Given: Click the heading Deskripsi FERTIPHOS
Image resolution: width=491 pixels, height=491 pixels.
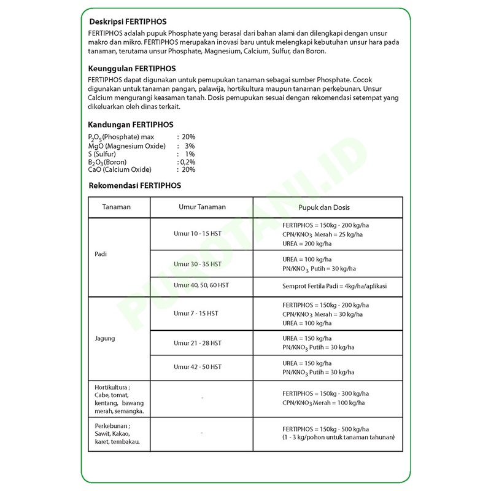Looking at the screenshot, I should (127, 21).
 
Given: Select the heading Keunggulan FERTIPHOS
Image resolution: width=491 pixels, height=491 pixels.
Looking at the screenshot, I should (132, 68).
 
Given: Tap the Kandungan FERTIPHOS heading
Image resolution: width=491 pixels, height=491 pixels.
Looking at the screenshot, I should (131, 124).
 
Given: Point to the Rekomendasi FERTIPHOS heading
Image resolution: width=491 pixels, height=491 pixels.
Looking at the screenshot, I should (135, 185).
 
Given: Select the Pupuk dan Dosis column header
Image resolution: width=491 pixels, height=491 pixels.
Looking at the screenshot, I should (324, 207).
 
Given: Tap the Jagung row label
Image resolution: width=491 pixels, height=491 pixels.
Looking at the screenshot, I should (106, 338).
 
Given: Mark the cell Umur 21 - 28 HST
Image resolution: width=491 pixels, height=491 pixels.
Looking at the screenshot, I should (196, 342).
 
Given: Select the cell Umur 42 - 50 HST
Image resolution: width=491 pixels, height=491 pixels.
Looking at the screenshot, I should (196, 366).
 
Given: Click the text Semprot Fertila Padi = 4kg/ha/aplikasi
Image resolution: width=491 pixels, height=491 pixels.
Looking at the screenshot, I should (334, 287).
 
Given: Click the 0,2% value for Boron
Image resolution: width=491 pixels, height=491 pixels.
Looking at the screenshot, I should (187, 162).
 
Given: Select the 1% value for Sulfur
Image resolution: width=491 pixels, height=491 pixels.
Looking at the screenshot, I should (190, 154).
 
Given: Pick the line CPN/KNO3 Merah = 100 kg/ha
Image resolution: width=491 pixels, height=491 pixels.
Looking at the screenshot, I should (323, 403).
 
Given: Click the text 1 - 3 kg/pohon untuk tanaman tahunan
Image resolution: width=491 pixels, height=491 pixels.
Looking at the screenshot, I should (338, 437).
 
